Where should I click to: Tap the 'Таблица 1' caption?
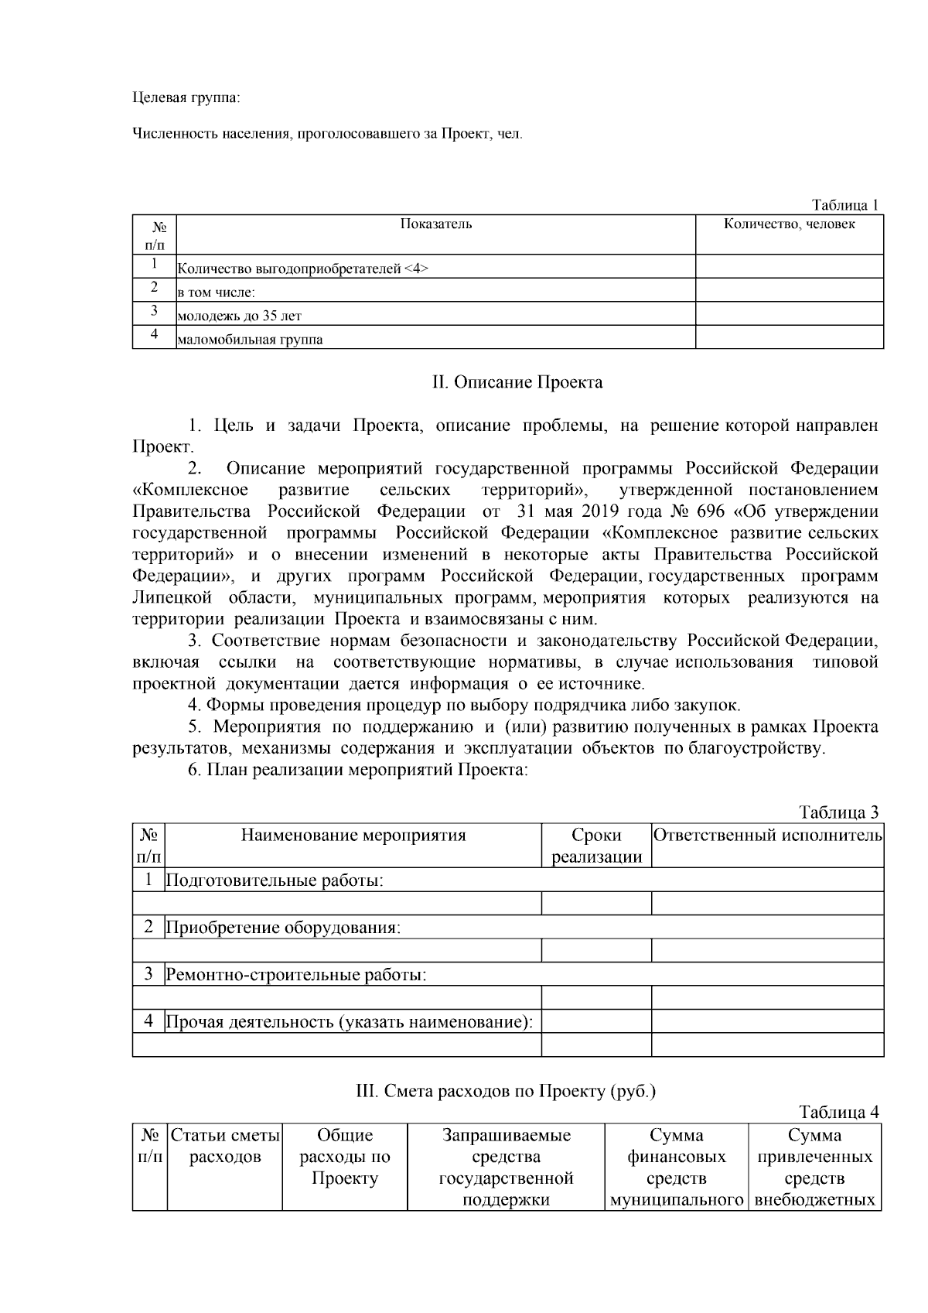coord(844,205)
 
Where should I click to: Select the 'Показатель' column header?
coord(435,224)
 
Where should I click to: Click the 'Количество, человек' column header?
coord(789,224)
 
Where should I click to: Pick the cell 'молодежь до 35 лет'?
coord(240,316)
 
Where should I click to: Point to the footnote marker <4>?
coord(416,269)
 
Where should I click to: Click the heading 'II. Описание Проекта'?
coord(517,382)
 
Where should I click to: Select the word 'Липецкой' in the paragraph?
coord(169,598)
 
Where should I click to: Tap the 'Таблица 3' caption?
coord(838,812)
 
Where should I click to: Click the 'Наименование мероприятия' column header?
coord(353,835)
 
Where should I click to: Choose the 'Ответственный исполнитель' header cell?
coord(767,835)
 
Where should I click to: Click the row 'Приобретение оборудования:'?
coord(283,927)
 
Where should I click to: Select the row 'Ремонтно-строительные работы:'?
coord(296,974)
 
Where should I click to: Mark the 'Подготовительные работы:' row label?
coord(275,880)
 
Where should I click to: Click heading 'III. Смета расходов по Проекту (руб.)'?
coord(505,1091)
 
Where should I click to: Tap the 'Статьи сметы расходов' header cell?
coord(225,1146)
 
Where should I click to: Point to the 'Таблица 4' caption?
coord(838,1113)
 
